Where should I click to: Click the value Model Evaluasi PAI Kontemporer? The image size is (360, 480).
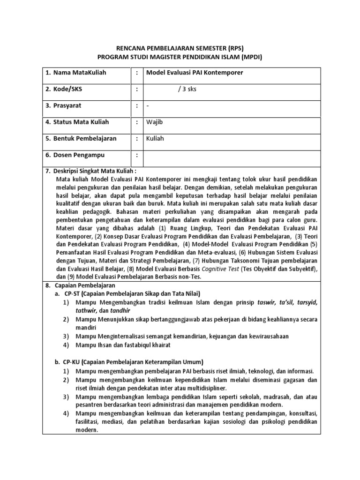(195, 73)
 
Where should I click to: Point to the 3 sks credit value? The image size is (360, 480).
(187, 89)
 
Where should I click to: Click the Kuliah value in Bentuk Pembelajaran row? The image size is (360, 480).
(155, 139)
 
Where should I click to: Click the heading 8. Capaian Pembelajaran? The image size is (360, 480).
(80, 285)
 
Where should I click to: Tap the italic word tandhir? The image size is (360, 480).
(120, 310)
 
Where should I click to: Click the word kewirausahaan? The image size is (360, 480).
(264, 336)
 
